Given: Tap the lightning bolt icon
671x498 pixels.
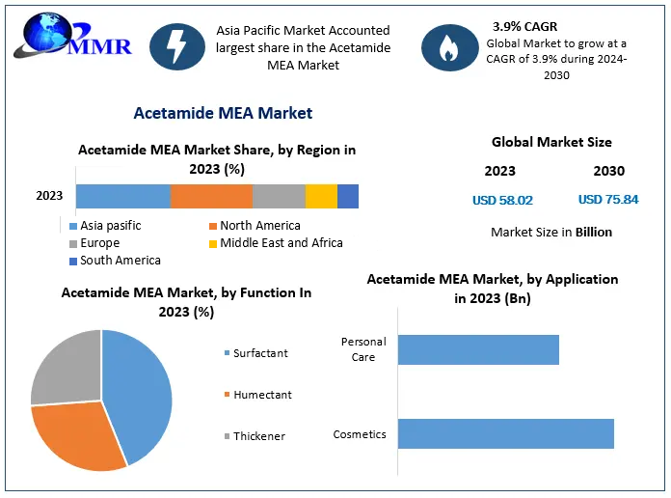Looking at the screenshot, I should point(176,46).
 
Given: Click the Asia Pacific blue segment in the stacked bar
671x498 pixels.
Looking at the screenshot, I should point(122,196).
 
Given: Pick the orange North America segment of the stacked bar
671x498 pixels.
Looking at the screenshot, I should point(211,196).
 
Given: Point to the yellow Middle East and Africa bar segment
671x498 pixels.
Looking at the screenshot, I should point(321,196).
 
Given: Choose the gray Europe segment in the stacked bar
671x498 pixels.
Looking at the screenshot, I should point(279,196).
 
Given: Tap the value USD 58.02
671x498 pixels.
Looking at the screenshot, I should point(502,201).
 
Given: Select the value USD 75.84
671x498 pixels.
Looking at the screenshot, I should point(608,201).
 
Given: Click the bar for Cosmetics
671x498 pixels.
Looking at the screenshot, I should point(505,434).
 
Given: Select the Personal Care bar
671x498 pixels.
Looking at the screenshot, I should point(478,350).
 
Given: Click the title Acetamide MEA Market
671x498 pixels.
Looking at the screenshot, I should point(223,113).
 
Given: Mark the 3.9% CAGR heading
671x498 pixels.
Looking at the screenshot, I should point(524,27).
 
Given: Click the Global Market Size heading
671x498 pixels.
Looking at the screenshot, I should point(551,142).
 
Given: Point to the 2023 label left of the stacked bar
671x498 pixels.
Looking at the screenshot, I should point(49,196).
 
